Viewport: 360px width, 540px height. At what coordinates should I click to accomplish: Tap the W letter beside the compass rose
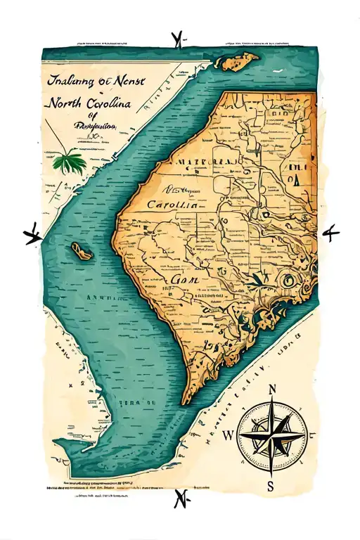click(x=227, y=435)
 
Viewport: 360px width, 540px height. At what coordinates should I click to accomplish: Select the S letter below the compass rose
click(x=269, y=485)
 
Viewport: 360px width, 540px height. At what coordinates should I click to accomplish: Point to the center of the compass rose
click(x=270, y=437)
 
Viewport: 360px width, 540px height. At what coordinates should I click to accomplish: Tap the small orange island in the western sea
click(x=80, y=251)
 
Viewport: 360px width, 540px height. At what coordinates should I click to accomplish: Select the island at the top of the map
click(x=237, y=61)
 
